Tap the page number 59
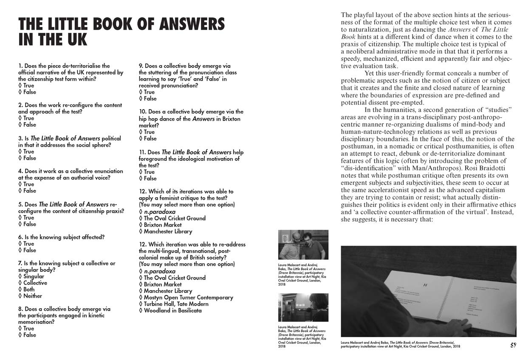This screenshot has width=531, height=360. tap(514, 345)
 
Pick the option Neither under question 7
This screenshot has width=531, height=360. tap(32, 296)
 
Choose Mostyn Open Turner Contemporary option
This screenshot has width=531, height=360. tap(188, 298)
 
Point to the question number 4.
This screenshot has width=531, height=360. tap(20, 171)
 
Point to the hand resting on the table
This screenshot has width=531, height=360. tap(450, 327)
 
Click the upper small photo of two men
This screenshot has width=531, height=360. tap(303, 245)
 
